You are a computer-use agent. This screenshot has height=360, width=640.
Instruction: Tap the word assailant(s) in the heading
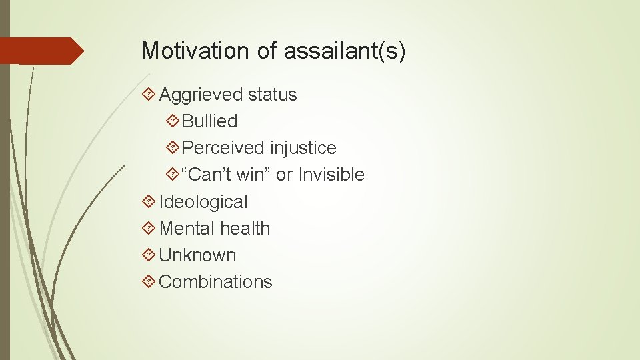(x=344, y=51)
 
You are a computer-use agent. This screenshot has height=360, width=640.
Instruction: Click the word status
(x=272, y=95)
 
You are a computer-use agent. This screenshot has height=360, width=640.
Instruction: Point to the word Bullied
(x=209, y=121)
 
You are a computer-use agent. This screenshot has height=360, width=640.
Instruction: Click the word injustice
(x=303, y=148)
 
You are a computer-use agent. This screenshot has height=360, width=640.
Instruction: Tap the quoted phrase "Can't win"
(x=226, y=175)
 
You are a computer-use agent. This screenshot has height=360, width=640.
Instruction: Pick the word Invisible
(x=331, y=175)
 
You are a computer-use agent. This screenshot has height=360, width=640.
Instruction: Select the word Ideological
(x=203, y=202)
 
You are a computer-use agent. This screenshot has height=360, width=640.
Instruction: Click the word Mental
(x=187, y=229)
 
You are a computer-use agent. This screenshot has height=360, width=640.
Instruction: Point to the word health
(x=245, y=229)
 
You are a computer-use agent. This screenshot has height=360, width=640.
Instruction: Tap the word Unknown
(x=197, y=255)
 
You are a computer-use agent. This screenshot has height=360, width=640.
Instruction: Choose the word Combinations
(x=215, y=282)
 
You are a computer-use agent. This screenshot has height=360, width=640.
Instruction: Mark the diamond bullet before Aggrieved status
(x=149, y=95)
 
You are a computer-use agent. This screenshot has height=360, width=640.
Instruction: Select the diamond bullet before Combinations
(x=149, y=282)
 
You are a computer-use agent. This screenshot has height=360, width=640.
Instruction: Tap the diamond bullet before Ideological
(x=149, y=202)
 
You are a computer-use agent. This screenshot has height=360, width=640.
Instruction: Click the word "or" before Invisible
(x=284, y=175)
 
